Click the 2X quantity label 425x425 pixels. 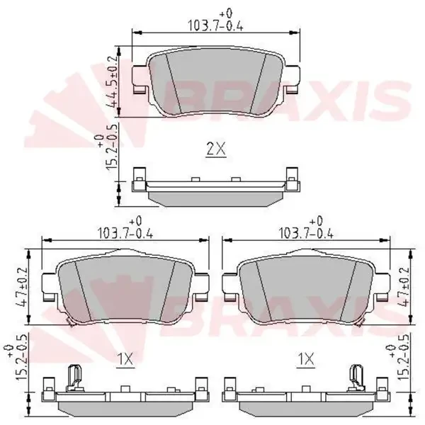click(x=216, y=149)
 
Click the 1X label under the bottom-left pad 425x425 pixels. click(x=126, y=360)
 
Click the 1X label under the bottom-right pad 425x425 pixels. click(x=306, y=360)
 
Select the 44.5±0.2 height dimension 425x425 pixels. click(x=112, y=81)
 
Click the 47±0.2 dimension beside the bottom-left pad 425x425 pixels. click(x=22, y=287)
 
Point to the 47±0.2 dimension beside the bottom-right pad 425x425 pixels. click(x=404, y=287)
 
